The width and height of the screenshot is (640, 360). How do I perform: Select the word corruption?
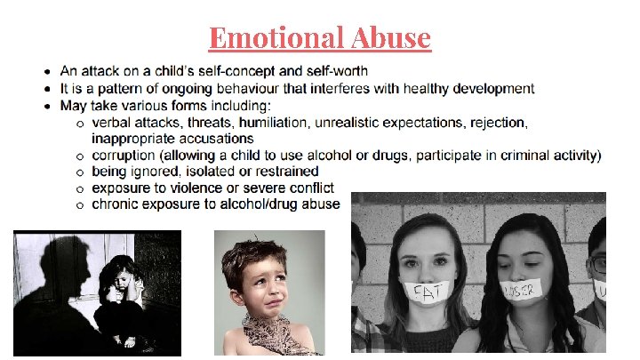[125, 156]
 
